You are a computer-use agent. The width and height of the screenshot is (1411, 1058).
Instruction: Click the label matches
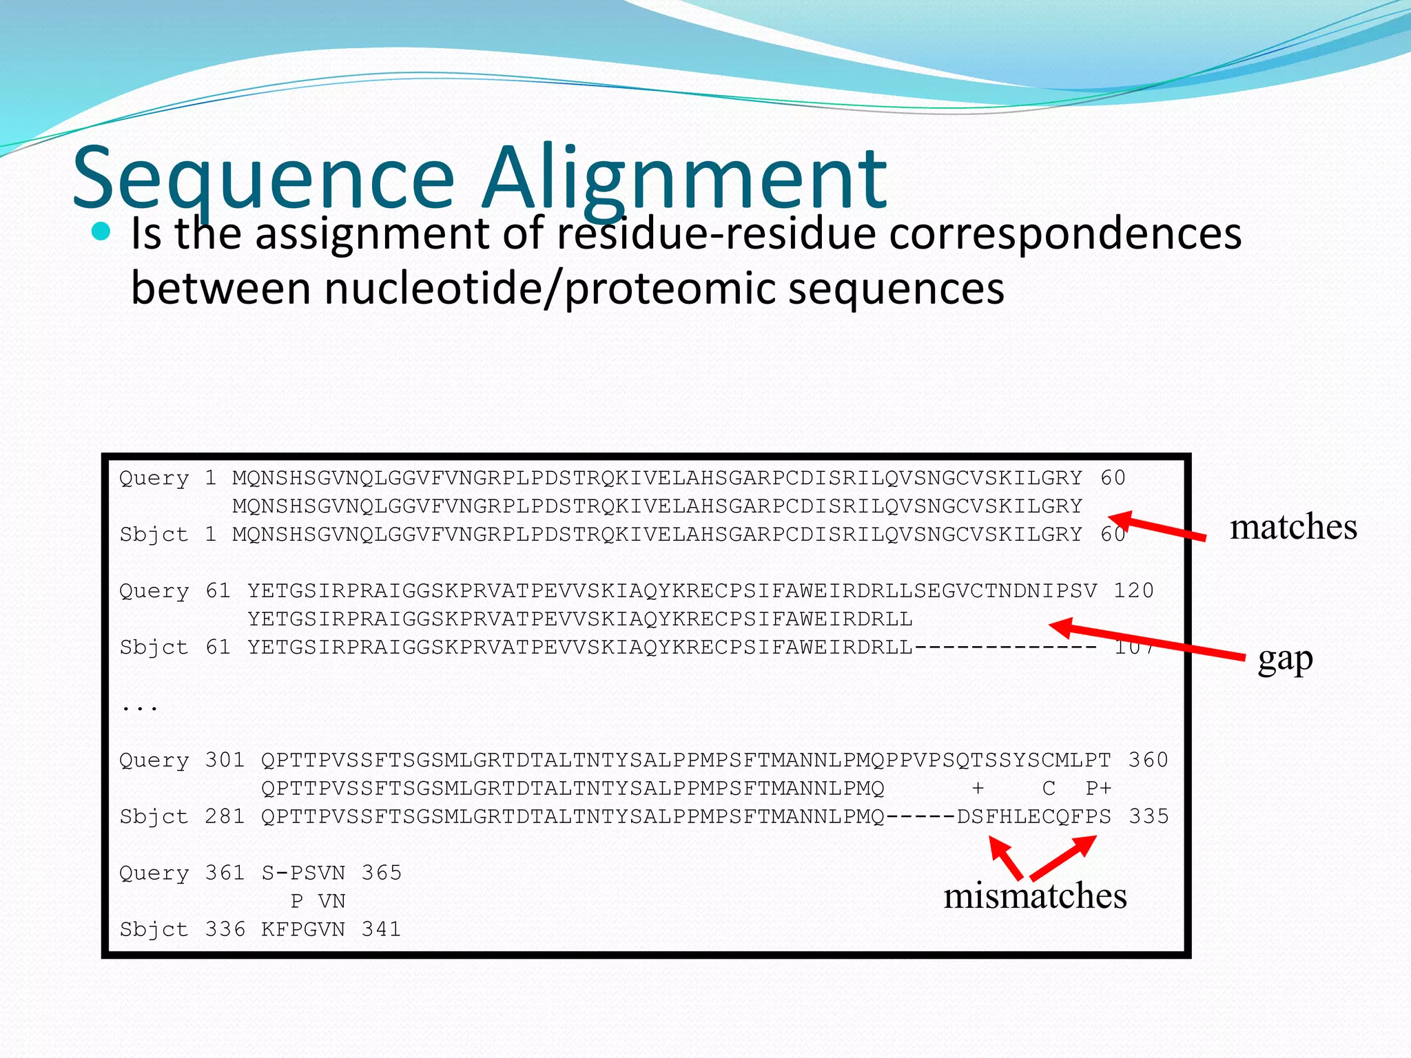point(1293,527)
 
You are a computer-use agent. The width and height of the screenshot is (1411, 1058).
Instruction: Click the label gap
point(1285,658)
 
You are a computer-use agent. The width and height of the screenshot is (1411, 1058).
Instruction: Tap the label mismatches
point(1035,895)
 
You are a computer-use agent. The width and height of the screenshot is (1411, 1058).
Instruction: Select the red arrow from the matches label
point(1157,527)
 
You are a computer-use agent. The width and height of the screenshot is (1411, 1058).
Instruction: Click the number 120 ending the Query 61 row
point(1133,591)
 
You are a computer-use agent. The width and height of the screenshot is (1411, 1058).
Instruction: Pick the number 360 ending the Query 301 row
point(1148,760)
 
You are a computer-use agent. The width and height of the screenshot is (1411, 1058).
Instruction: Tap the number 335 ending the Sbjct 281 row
point(1148,816)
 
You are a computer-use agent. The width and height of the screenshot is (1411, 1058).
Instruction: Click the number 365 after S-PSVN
point(381,873)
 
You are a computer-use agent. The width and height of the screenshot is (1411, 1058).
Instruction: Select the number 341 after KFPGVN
point(381,929)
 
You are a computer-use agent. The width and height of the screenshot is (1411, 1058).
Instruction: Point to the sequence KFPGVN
point(303,929)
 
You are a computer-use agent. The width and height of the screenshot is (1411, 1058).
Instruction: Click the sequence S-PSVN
point(303,873)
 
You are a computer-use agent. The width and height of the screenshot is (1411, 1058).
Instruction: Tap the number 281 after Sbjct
point(225,816)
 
